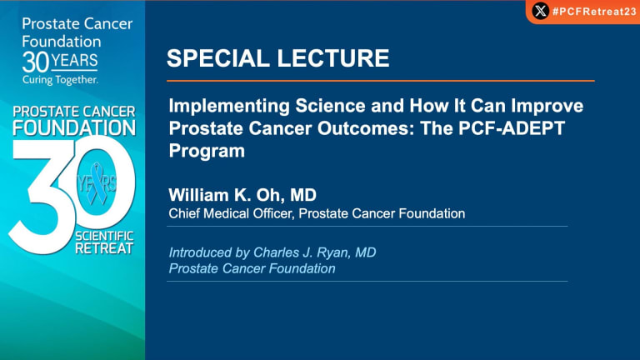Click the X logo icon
point(540,11)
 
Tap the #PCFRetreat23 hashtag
point(594,12)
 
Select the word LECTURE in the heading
point(333,58)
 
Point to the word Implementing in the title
point(229,106)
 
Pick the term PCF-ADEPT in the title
point(512,128)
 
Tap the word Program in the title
point(207,151)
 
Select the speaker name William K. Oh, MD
point(242,195)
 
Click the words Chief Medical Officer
point(232,213)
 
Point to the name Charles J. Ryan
point(301,252)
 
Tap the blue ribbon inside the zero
point(97,183)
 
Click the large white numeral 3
point(41,196)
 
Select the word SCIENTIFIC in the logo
point(104,236)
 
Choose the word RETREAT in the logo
point(104,248)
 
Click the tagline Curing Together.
point(60,80)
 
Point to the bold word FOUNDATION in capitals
point(74,127)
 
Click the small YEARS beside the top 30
point(74,60)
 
